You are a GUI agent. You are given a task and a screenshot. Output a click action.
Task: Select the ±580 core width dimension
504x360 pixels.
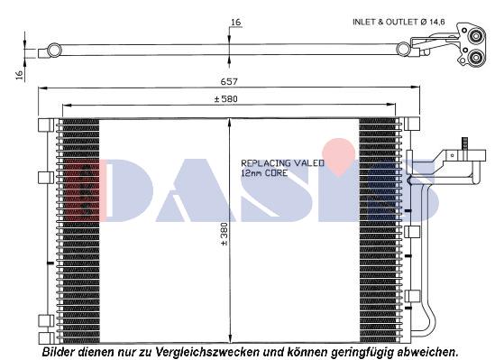coord(225,98)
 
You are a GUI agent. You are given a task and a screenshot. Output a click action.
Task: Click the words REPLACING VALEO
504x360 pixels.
coord(271,163)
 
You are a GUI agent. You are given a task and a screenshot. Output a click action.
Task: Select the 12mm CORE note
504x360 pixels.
coord(263,172)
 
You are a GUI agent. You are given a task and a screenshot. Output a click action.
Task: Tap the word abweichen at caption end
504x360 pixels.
coord(427,351)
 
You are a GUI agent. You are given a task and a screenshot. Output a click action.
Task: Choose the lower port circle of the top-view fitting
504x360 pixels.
coord(474,61)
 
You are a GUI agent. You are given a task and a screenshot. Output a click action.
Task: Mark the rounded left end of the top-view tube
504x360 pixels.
coord(56,50)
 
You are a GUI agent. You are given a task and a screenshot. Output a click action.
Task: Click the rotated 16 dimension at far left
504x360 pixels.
coord(18,76)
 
